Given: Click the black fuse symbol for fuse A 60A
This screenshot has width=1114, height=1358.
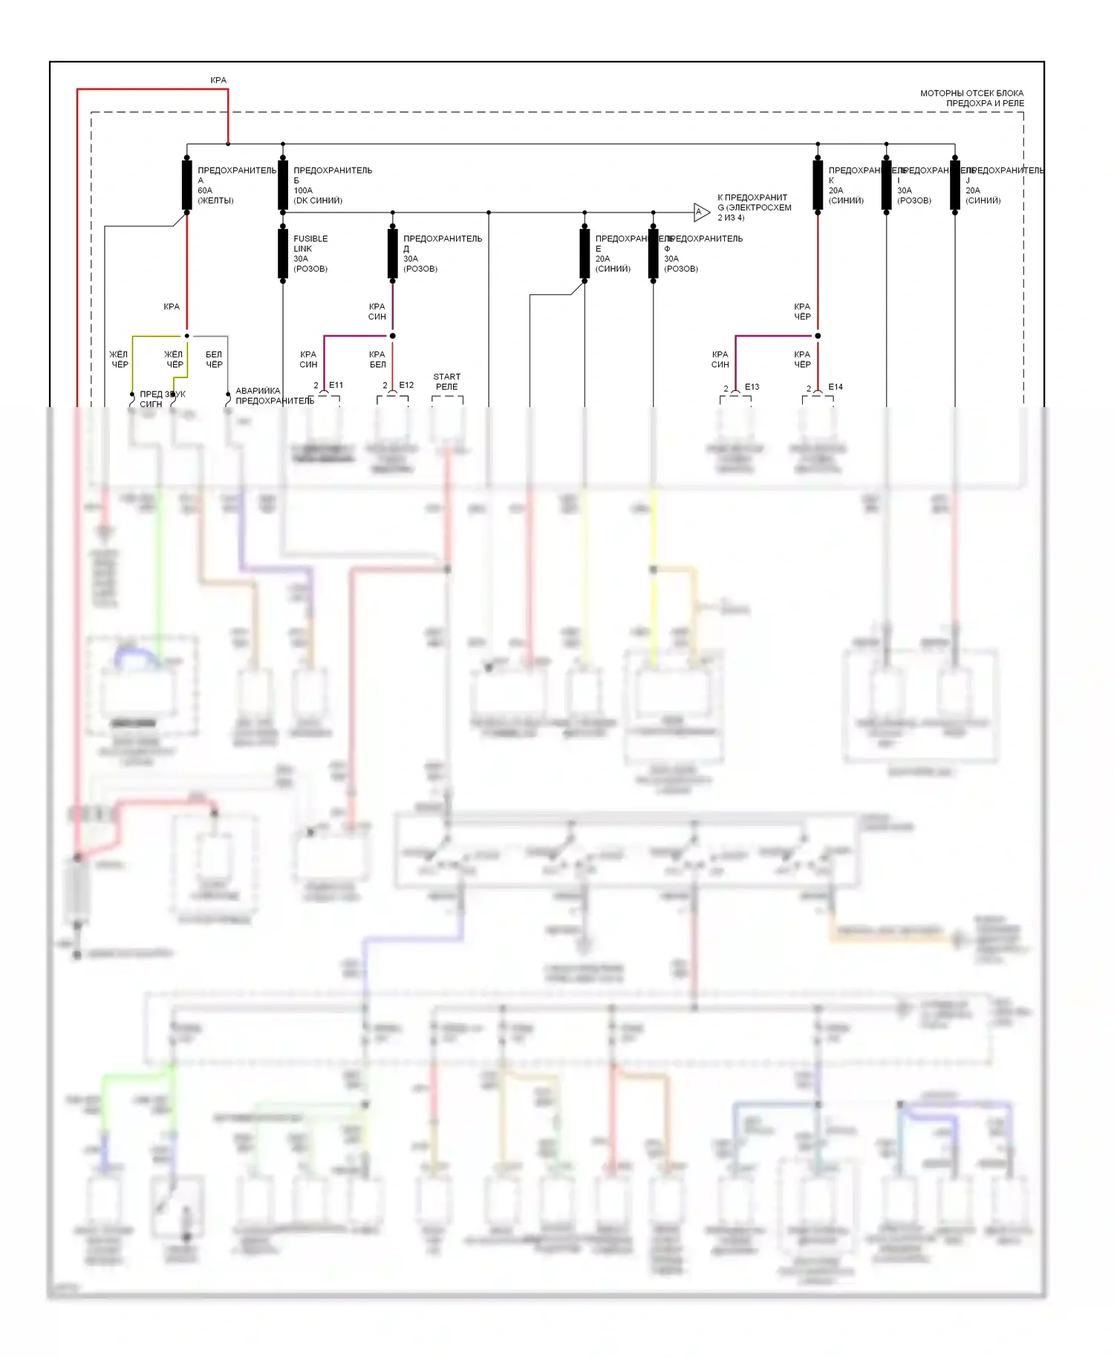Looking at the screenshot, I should click(186, 184).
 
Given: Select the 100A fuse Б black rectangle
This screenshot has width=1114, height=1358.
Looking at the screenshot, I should click(283, 184).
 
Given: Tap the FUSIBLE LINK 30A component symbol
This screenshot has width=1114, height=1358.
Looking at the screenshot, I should click(283, 253).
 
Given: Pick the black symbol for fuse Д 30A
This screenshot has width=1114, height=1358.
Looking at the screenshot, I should click(392, 253).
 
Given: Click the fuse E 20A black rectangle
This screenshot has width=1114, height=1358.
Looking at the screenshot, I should click(584, 253).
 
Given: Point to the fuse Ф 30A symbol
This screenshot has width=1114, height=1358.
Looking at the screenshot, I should click(653, 253).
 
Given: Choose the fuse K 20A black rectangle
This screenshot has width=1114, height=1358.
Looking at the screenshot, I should click(818, 184).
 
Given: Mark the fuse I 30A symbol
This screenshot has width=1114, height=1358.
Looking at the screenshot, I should click(886, 184).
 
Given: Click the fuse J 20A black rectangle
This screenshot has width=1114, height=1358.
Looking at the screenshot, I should click(955, 184).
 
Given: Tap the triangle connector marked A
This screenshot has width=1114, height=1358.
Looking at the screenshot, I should click(700, 212).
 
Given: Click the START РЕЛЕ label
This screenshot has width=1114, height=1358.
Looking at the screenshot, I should click(447, 382).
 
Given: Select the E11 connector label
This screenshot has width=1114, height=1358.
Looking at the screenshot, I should click(336, 385).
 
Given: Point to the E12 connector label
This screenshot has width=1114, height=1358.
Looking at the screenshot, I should click(406, 385).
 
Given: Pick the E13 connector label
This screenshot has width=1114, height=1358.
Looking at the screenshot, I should click(752, 386).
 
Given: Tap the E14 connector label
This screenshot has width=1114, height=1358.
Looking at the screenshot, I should click(835, 386).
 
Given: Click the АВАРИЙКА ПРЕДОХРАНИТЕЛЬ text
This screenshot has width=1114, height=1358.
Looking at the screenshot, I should click(274, 396).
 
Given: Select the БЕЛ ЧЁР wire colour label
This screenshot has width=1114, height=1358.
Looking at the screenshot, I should click(214, 360).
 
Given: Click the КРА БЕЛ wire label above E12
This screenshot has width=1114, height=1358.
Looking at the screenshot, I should click(377, 360).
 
